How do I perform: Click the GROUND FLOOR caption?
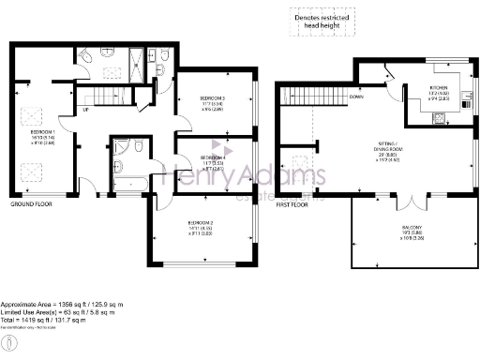[32, 203]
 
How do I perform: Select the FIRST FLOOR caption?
[293, 203]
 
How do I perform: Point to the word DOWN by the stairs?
[356, 97]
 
